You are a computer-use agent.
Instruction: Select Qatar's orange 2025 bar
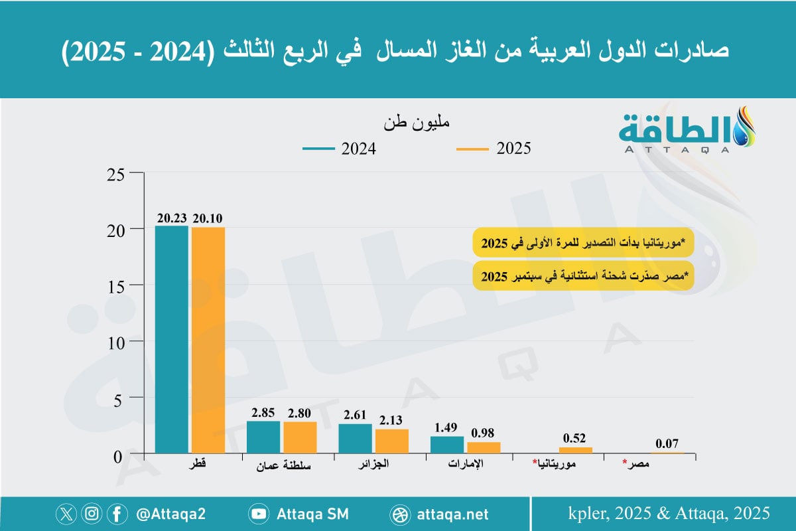pos(208,341)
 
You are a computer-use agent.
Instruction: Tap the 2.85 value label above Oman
pos(263,413)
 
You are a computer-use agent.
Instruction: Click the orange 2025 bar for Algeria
pos(392,441)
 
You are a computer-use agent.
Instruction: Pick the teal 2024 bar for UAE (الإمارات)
pos(447,445)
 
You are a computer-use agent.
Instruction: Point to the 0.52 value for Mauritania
pos(575,438)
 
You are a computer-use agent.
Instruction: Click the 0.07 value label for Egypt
pos(667,443)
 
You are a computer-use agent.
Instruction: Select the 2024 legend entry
pos(340,149)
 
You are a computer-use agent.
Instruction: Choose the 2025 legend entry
pos(494,149)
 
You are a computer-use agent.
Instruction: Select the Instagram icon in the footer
pos(92,514)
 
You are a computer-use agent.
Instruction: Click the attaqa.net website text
pos(454,514)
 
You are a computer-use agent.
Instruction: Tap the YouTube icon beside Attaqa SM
pos(259,514)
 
